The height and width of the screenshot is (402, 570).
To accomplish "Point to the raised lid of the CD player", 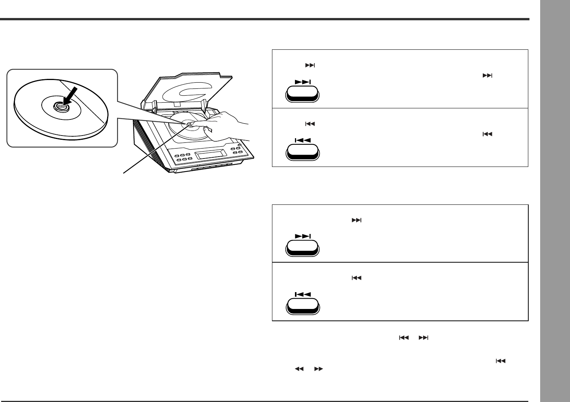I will [187, 92].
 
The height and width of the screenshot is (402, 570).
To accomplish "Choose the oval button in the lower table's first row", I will [303, 248].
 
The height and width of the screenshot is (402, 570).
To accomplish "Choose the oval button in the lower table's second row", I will [303, 306].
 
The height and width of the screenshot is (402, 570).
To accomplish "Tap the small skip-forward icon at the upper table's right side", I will [487, 76].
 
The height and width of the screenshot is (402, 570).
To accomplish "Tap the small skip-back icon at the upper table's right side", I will [487, 134].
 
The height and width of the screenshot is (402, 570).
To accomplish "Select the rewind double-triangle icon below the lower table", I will [299, 369].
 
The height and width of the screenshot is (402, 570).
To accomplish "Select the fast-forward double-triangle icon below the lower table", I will [318, 369].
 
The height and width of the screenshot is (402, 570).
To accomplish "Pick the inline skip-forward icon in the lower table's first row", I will [356, 220].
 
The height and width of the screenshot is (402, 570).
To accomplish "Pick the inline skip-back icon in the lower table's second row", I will [356, 278].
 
